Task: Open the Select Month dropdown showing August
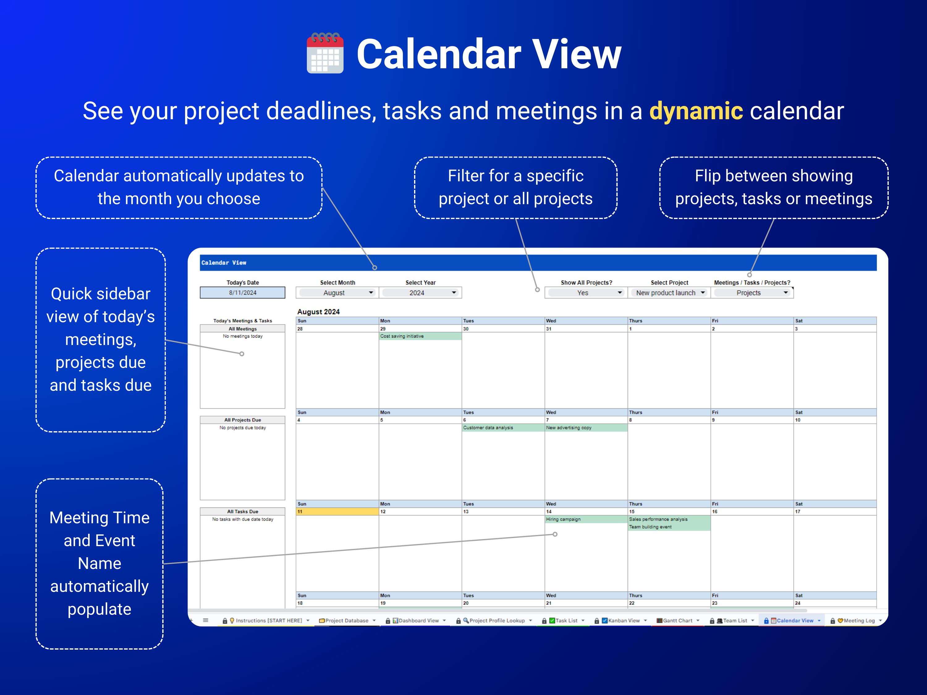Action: [x=337, y=293]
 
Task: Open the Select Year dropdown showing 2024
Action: [x=420, y=293]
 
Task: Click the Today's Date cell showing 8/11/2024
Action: [x=242, y=293]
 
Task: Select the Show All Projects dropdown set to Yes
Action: [x=586, y=293]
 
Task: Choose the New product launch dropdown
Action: [x=669, y=293]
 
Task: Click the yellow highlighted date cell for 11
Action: [x=337, y=512]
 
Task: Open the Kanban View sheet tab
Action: [x=624, y=621]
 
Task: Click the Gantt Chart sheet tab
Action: [x=677, y=621]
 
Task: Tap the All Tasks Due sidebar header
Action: [x=242, y=512]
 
